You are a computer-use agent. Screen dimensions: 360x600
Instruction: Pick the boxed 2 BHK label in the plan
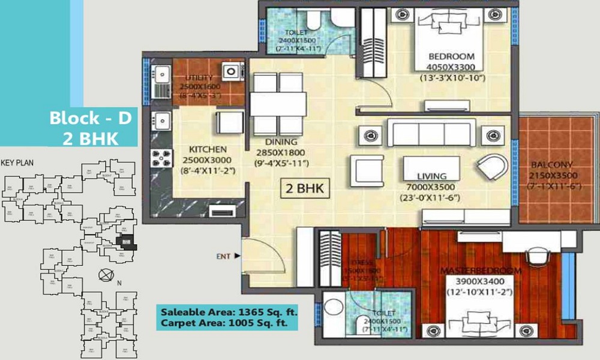click(x=304, y=189)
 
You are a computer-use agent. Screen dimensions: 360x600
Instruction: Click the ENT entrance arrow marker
click(x=238, y=256)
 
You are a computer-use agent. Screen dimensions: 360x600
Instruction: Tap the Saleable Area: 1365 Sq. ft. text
click(x=229, y=311)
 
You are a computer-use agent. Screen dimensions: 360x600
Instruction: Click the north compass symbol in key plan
click(x=106, y=275)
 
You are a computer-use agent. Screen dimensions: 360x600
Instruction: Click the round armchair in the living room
click(x=492, y=164)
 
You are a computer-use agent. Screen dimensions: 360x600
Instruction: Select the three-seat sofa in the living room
click(x=431, y=133)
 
